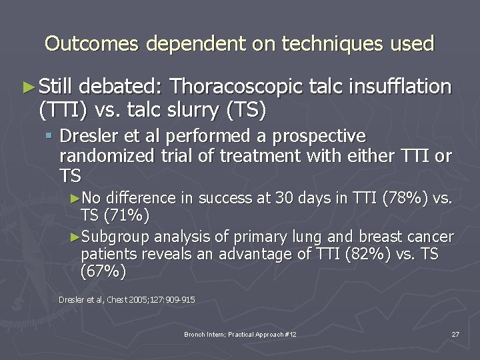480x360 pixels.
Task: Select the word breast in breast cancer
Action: click(x=381, y=237)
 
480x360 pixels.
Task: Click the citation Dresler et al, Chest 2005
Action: click(x=126, y=300)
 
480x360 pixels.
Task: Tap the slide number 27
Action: click(x=455, y=334)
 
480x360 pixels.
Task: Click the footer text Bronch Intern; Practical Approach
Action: click(x=240, y=334)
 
